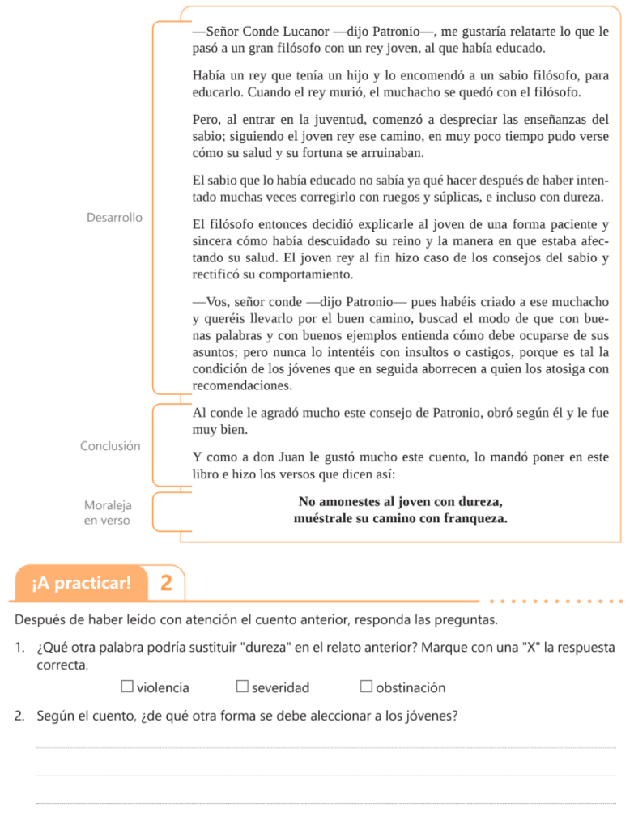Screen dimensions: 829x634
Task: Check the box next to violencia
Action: [127, 687]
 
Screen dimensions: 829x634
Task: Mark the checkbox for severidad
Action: [242, 687]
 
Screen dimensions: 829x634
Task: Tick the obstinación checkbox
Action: [366, 687]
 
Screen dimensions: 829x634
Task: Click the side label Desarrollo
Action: [114, 218]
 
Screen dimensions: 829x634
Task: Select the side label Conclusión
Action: [110, 446]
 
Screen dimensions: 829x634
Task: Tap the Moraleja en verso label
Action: [107, 512]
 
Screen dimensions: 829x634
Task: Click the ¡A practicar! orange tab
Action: [81, 583]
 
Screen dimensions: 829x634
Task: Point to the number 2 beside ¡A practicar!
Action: [166, 583]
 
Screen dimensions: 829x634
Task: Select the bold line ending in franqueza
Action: [401, 518]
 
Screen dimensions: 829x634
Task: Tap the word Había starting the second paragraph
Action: [211, 75]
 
